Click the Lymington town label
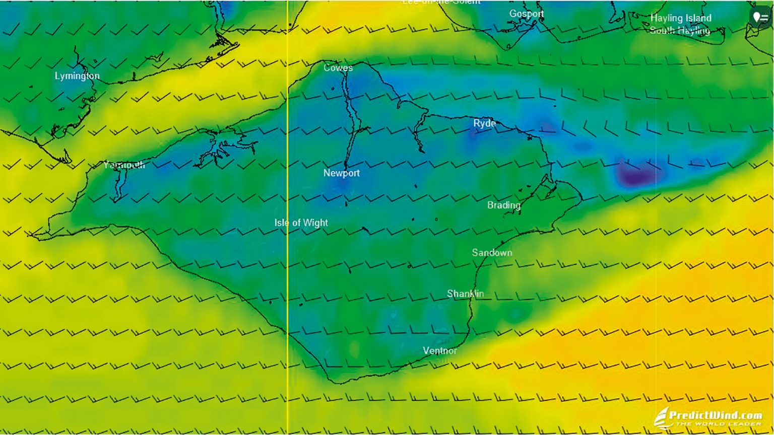[77, 76]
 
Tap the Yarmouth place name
[124, 165]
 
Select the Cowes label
[338, 67]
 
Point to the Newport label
[342, 173]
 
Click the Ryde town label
[484, 123]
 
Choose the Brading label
[503, 205]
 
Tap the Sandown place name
[492, 253]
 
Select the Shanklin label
[465, 294]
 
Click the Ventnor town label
[440, 351]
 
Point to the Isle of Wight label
[301, 223]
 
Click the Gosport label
[526, 14]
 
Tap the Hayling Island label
[680, 18]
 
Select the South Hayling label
[680, 31]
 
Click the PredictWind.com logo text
[715, 415]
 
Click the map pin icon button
[760, 18]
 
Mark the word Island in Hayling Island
[695, 18]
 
